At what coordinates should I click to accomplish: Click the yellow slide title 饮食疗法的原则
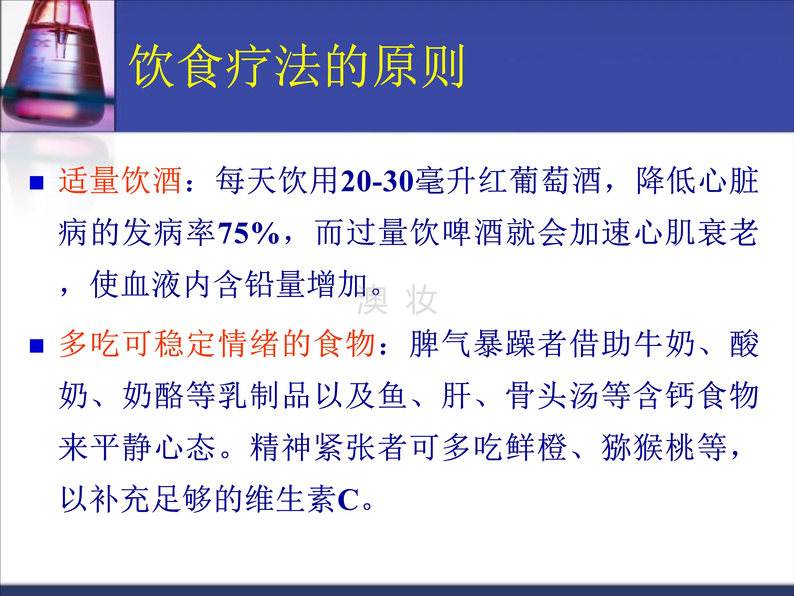297,66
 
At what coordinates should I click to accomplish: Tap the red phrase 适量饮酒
120,180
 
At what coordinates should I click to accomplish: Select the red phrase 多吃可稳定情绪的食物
218,344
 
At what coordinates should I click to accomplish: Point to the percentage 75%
249,233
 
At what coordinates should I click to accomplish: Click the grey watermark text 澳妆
397,300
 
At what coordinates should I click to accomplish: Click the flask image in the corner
57,66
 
